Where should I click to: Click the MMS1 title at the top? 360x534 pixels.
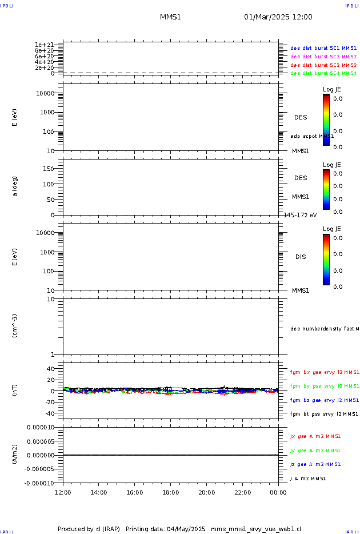[x=170, y=17]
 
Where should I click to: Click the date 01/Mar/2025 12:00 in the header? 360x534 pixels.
[x=278, y=17]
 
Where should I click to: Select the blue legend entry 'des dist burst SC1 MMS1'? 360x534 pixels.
[x=323, y=48]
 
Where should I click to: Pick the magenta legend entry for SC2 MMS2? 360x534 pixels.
[x=323, y=57]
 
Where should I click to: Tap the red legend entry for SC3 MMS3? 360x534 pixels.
[x=323, y=65]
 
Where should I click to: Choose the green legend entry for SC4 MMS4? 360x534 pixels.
[x=323, y=73]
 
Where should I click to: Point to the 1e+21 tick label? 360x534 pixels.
[x=44, y=45]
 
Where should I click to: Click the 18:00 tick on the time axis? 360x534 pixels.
[x=170, y=492]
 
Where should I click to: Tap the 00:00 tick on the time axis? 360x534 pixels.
[x=278, y=492]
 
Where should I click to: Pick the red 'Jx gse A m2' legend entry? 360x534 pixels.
[x=315, y=436]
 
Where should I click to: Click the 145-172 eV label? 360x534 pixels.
[x=301, y=215]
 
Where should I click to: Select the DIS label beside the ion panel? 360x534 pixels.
[x=301, y=257]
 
